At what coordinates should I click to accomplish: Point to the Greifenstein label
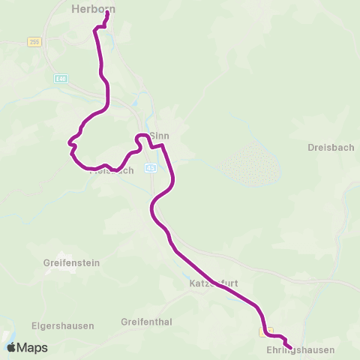coord(72,263)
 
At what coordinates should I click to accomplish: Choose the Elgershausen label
coord(62,326)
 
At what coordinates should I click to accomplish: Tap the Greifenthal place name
coord(146,322)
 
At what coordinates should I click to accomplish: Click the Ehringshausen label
coord(300,350)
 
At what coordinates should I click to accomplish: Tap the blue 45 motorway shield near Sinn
coord(151,167)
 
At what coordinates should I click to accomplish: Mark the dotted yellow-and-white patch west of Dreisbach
coord(248,163)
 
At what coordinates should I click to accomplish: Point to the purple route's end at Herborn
coord(106,13)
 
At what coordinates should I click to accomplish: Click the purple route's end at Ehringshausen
coord(288,346)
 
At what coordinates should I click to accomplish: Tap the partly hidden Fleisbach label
coord(112,171)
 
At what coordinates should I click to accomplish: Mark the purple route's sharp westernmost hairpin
coord(69,141)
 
